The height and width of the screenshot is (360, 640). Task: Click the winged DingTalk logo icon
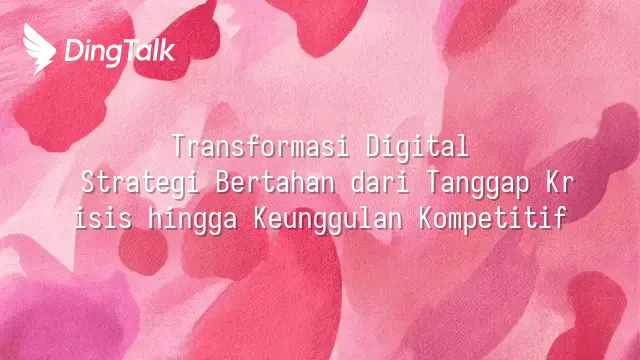39,49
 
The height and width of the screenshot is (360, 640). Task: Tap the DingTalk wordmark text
120,52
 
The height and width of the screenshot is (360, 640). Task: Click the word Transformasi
261,146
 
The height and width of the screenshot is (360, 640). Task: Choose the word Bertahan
275,182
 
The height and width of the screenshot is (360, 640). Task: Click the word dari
380,182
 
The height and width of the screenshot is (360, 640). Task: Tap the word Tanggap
478,184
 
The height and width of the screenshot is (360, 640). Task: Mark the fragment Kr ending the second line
560,182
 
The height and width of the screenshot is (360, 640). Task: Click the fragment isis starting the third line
103,218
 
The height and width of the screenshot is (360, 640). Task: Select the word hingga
193,220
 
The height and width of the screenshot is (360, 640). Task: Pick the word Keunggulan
328,220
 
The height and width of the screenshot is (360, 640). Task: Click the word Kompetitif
493,220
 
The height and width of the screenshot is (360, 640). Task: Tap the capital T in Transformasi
179,146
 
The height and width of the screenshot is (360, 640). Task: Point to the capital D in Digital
373,146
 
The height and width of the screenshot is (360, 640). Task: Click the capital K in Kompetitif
426,218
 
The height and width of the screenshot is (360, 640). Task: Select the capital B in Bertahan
223,182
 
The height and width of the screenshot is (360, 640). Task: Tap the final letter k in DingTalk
167,50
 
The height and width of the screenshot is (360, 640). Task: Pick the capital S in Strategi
88,182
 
